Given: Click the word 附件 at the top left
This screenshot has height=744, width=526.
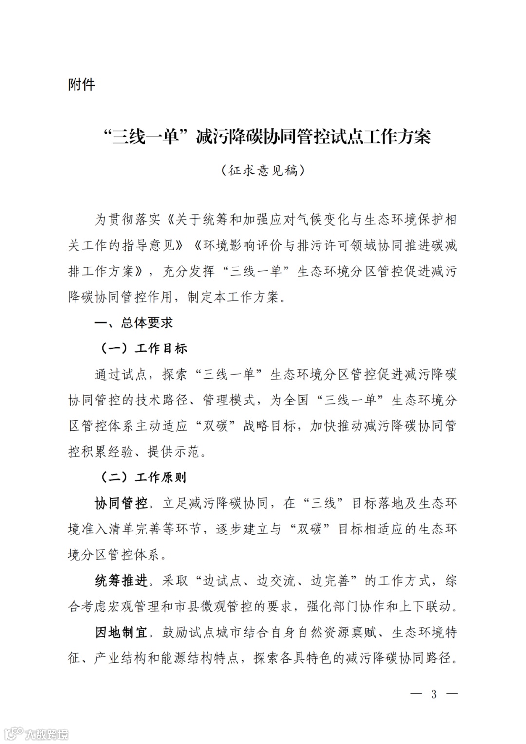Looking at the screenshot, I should pos(82,85).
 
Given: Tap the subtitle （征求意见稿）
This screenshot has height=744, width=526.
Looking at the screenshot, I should pos(263,171).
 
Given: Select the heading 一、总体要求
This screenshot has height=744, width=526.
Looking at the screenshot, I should pos(133,323).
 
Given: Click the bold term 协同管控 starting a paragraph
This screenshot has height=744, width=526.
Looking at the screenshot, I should pos(121,503).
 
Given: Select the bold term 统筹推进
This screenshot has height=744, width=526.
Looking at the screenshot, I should pos(121,580).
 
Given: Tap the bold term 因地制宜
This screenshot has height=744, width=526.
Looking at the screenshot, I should pos(121,632).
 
